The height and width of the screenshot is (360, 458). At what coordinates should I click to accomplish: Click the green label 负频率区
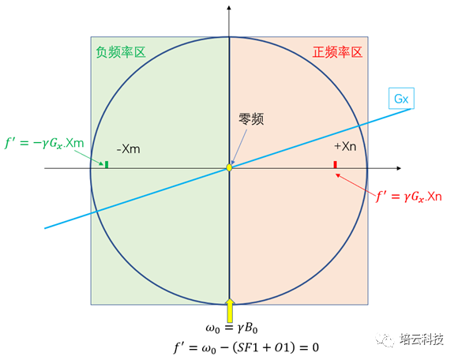point(121,52)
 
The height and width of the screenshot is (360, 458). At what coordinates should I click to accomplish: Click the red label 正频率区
point(337,52)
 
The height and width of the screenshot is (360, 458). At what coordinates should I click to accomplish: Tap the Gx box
point(401,99)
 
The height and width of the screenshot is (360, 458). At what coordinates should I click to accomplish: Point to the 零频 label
point(251,119)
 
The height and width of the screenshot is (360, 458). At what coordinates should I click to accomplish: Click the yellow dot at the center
point(229,167)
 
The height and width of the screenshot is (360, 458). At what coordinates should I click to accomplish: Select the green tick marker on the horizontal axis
point(107,164)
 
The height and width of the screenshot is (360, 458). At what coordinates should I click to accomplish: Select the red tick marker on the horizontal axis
point(336,164)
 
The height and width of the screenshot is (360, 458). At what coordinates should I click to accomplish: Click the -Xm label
point(129,149)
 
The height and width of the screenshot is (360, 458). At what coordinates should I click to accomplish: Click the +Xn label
point(345,146)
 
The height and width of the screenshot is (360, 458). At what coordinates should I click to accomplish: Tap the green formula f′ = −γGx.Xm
point(44,144)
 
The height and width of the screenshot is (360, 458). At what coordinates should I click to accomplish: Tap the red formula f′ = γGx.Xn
point(408,197)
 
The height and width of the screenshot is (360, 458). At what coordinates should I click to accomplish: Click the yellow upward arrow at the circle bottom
point(230,310)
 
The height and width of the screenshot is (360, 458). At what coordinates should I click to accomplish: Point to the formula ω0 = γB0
point(231,328)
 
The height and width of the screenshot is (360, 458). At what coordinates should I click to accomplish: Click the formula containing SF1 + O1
point(246,347)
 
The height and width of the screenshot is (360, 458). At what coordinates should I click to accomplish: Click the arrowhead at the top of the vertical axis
point(229,8)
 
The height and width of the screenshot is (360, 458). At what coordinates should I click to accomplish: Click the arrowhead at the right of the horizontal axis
point(399,168)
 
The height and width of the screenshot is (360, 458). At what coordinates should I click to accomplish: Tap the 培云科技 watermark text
point(422,339)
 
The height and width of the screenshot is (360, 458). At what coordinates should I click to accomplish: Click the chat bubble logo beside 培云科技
point(385,339)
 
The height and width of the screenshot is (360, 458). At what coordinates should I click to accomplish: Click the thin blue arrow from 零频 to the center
point(239,147)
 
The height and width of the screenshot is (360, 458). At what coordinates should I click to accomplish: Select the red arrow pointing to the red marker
point(355,185)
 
